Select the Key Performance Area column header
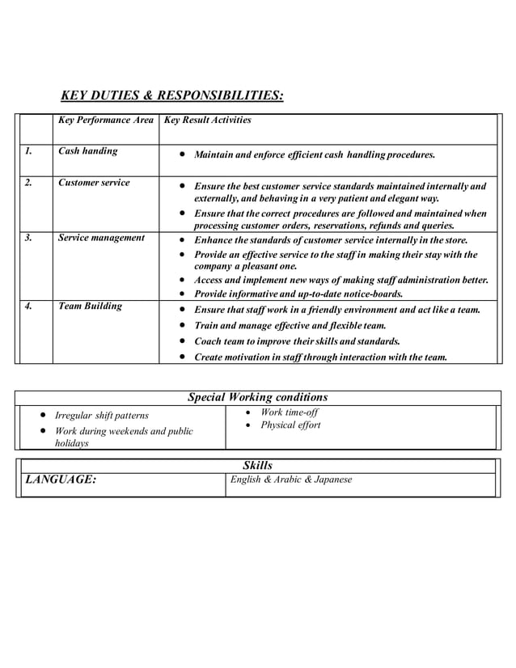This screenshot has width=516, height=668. pos(106,120)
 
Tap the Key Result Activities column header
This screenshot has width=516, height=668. pos(208,120)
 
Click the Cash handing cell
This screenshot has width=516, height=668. pos(88,151)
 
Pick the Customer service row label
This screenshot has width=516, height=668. pos(94,183)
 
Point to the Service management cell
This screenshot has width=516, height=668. pos(101,238)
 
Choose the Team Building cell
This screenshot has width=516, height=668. pos(91,307)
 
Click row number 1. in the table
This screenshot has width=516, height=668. pos(29,151)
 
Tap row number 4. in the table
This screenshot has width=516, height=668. pos(29,307)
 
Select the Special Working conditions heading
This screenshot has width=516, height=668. pos(257,397)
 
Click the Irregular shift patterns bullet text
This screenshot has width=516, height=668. pos(102,416)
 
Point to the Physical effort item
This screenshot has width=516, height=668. pos(290,425)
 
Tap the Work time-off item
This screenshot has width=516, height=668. pos(290,412)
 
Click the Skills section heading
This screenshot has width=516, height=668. pos(257,465)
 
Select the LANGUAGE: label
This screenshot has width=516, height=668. pos(61,480)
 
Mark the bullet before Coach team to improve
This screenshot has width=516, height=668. pos(184,341)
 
